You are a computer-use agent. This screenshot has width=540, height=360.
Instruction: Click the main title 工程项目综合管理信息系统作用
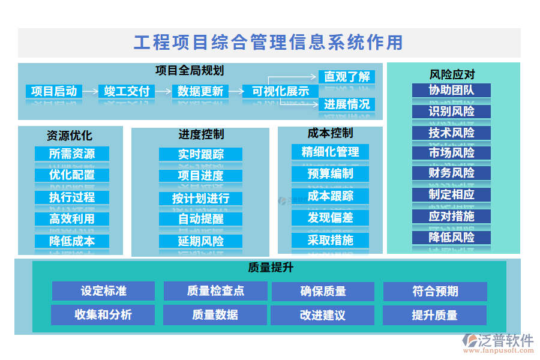point(269,43)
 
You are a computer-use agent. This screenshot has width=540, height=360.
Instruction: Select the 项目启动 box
point(54,91)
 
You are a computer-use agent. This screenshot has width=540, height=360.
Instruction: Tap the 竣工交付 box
point(127,91)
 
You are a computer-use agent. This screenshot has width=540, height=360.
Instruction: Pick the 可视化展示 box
point(280,91)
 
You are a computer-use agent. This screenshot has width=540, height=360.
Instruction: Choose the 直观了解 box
point(347,77)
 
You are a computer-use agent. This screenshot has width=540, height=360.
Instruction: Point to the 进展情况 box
point(347,104)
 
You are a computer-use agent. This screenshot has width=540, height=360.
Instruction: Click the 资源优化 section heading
point(70,136)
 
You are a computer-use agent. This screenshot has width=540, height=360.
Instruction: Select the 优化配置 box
point(72,175)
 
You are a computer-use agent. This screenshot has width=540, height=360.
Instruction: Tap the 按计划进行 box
point(200,198)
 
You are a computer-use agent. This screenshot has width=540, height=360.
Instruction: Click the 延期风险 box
point(200,241)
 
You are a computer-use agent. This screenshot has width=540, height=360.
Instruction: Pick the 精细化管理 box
point(330,152)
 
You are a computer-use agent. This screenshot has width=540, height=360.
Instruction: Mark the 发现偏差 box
point(330,217)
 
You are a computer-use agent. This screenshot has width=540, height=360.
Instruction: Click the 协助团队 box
point(451,91)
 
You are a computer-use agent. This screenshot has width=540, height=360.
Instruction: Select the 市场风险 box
point(451,153)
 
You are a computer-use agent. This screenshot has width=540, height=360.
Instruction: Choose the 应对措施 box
point(451,216)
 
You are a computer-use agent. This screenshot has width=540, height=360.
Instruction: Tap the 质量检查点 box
point(215,291)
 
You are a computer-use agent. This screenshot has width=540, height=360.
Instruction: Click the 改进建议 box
point(322,315)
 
